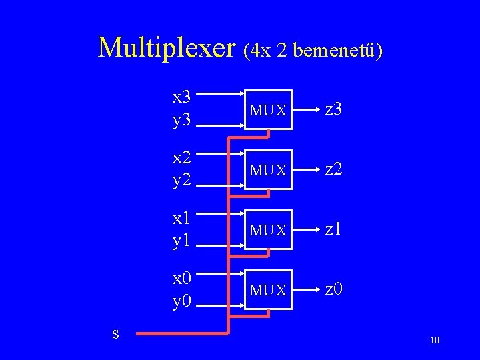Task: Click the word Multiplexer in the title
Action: tap(167, 47)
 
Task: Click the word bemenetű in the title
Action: tap(333, 50)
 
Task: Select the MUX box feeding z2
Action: tap(268, 170)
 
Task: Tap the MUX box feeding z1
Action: tap(268, 230)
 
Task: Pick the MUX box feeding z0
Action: tap(268, 290)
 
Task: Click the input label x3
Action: tap(182, 97)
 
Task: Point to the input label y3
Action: tap(182, 121)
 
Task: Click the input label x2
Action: tap(182, 157)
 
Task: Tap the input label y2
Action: tap(182, 181)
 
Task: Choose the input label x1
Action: tap(182, 217)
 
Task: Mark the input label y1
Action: tap(182, 241)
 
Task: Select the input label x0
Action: tap(182, 277)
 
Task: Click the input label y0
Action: tap(182, 301)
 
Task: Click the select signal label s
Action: tap(115, 332)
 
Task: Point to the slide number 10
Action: tap(435, 341)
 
